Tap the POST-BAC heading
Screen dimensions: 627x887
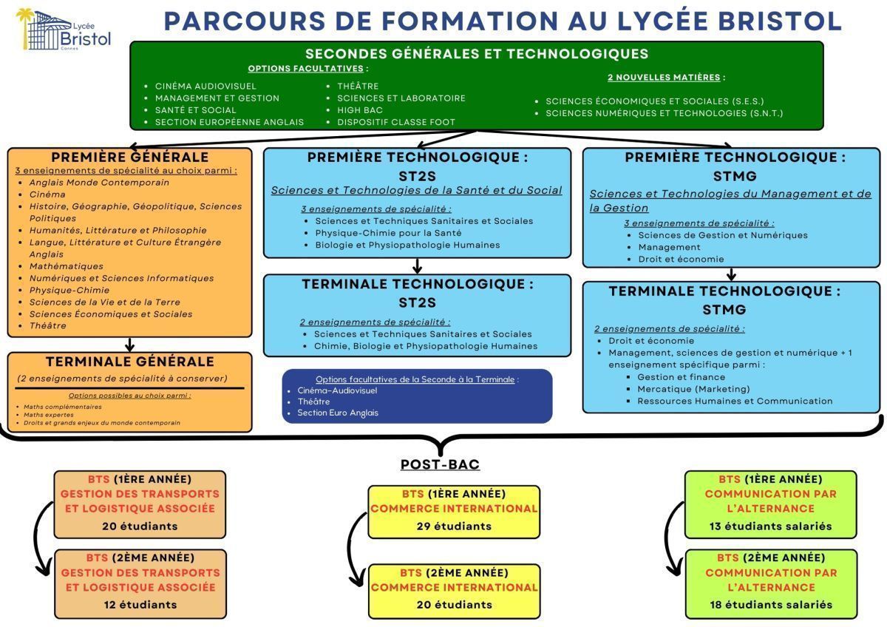click(x=440, y=464)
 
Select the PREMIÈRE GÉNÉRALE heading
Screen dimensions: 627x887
click(x=129, y=157)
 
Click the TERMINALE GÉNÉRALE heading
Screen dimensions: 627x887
click(x=129, y=362)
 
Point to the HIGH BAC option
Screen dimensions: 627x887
click(x=360, y=110)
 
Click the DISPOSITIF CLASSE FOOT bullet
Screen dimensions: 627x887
click(x=396, y=122)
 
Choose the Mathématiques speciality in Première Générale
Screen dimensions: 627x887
click(x=67, y=266)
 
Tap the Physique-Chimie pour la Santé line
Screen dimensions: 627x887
click(x=388, y=233)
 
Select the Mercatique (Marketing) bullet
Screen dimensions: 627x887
click(x=693, y=389)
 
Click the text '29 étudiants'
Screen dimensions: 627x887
click(x=454, y=526)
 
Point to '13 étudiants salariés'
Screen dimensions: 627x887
click(x=771, y=526)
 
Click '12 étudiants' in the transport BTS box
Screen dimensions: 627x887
click(x=140, y=605)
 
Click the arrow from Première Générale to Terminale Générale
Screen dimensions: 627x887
click(x=130, y=345)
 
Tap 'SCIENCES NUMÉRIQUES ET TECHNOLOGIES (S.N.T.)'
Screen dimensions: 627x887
click(x=664, y=113)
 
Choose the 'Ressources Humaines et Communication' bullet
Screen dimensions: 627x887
click(x=735, y=401)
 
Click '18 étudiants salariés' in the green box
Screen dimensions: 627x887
click(x=771, y=605)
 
